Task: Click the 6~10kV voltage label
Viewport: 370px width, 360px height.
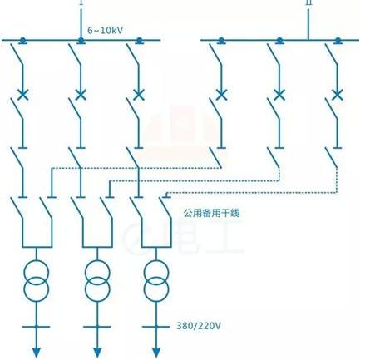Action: [105, 30]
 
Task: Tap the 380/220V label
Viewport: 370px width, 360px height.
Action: [199, 325]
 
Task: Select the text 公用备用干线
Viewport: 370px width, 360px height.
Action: [211, 213]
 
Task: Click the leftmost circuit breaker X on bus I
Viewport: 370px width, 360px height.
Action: [22, 95]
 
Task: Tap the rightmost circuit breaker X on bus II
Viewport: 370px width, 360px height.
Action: [337, 95]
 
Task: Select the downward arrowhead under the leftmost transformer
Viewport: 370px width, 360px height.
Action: [37, 353]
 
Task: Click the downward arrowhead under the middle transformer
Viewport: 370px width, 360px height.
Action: [97, 353]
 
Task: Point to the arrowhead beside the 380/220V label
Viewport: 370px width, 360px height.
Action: [156, 353]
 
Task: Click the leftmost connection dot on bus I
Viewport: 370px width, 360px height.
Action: [22, 41]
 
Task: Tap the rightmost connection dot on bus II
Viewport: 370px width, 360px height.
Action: [338, 41]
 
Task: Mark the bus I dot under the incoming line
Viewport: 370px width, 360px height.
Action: [81, 41]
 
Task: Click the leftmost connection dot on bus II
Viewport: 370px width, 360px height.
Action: [221, 41]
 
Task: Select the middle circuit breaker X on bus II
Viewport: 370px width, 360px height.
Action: [279, 95]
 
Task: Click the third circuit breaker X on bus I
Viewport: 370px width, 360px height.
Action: [139, 95]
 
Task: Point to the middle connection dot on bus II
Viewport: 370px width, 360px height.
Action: [279, 41]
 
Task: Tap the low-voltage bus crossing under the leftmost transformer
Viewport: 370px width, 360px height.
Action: [37, 327]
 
